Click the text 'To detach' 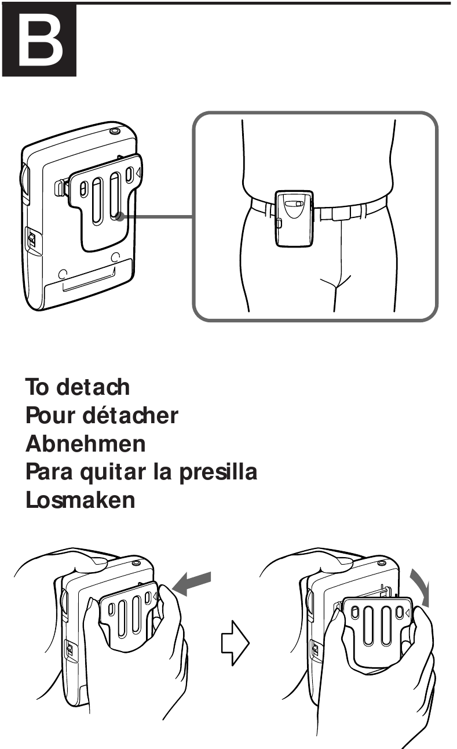pos(78,386)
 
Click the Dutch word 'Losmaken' pos(81,499)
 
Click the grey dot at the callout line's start pos(119,217)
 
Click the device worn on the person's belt pos(294,218)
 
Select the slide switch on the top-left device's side pos(31,239)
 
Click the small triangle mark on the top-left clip pos(137,173)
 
